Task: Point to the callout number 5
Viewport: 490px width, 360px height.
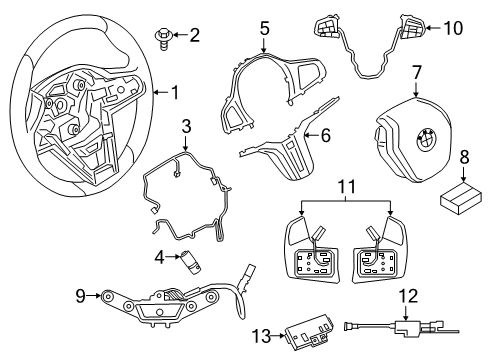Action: click(265, 29)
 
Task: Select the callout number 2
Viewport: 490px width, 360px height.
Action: click(193, 37)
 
